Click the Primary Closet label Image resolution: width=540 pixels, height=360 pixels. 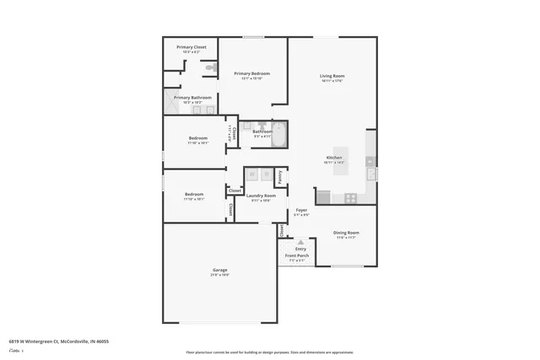pos(192,47)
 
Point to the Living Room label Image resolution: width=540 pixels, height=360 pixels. pos(332,77)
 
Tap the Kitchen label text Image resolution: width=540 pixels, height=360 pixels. pos(334,158)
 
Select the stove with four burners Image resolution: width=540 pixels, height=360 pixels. pos(348,196)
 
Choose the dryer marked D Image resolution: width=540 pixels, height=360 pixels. pos(266,175)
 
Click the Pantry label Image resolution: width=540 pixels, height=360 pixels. pos(279,176)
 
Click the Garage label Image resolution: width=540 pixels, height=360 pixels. pos(219,270)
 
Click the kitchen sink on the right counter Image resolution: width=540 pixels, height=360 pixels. pos(371,174)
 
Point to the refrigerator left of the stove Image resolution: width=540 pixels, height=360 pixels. pos(323,196)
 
